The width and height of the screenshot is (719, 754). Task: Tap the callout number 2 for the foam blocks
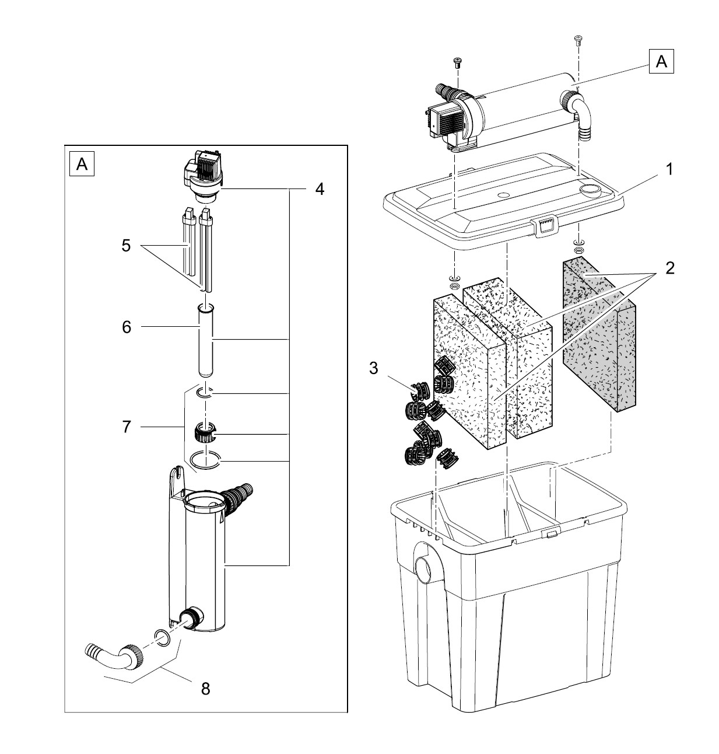coord(669,268)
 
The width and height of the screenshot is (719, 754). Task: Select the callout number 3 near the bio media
coord(373,368)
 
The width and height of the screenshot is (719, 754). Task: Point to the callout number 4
coord(318,189)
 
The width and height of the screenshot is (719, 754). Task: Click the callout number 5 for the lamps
coord(126,246)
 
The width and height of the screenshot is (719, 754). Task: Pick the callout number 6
coord(127,327)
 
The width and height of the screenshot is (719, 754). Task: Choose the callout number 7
coord(127,427)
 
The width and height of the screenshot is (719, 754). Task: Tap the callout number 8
coord(205,689)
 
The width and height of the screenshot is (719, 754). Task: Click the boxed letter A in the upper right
coord(661,61)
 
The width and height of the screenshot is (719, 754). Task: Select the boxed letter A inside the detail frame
coord(82,165)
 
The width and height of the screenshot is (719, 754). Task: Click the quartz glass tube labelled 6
coord(205,341)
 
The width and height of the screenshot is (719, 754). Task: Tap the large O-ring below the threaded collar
coord(205,462)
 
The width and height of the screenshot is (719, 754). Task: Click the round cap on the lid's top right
coord(590,189)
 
